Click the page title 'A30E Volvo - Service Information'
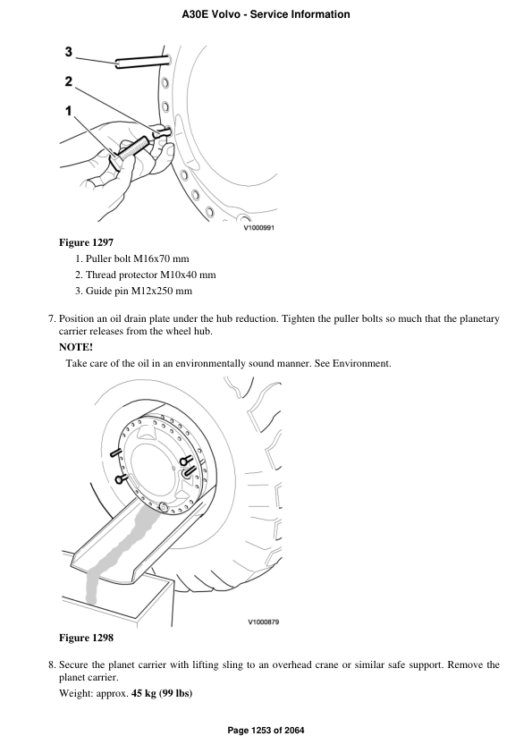pyautogui.click(x=266, y=14)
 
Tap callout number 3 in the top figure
pyautogui.click(x=69, y=53)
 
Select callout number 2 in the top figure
pyautogui.click(x=69, y=81)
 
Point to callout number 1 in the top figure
pyautogui.click(x=67, y=112)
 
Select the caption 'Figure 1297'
pyautogui.click(x=86, y=242)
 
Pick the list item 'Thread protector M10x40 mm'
pyautogui.click(x=151, y=275)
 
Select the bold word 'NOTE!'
pyautogui.click(x=76, y=348)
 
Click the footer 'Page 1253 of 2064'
pyautogui.click(x=266, y=731)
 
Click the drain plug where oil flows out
pyautogui.click(x=164, y=508)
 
